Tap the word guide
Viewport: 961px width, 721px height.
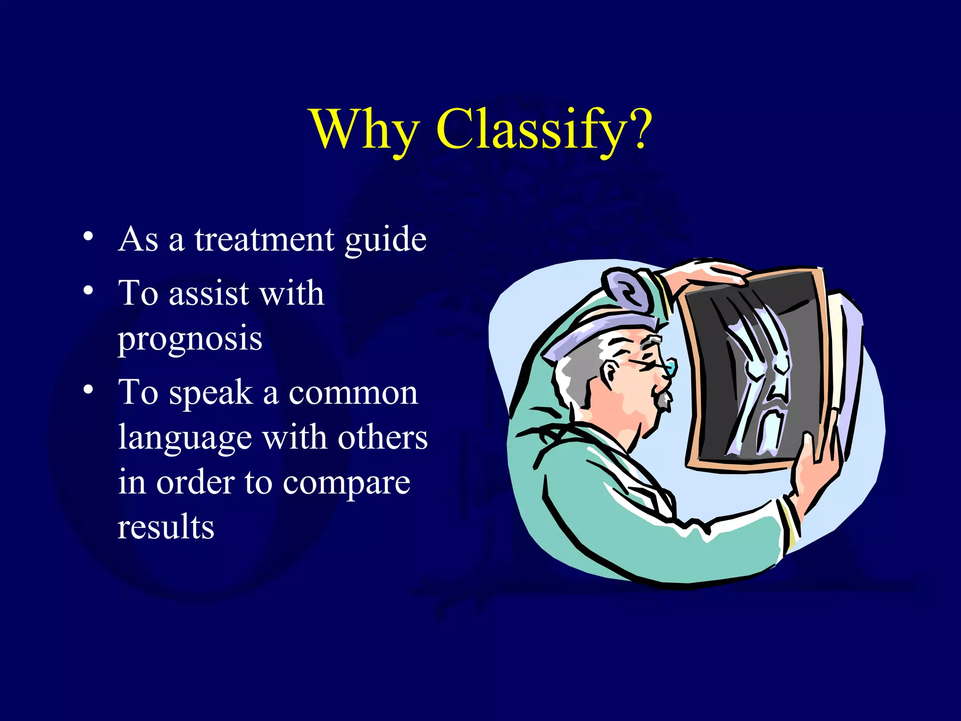coord(385,240)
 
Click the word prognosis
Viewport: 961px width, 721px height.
coord(190,339)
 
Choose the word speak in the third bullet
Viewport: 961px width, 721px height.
coord(211,393)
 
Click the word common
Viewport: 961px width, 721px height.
coord(353,393)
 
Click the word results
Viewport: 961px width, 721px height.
coord(166,527)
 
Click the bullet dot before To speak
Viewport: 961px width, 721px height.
coord(88,389)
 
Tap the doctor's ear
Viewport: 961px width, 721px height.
coord(609,376)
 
